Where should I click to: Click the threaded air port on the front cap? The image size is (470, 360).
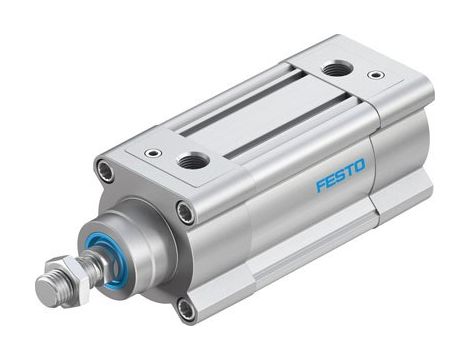194,160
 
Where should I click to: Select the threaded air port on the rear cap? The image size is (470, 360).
337,69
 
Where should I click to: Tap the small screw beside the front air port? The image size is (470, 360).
153,153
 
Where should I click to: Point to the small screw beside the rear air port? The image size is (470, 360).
376,74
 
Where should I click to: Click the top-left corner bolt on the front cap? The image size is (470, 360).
106,171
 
